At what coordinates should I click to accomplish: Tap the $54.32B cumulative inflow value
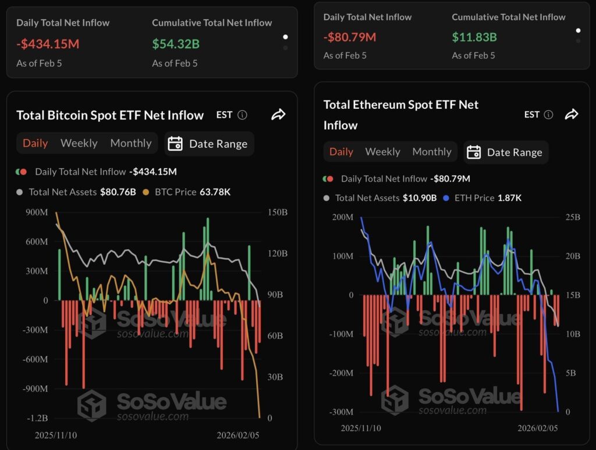(x=176, y=44)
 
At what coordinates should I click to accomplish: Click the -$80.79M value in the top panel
(x=350, y=37)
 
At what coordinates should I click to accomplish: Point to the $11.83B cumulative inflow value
(x=474, y=37)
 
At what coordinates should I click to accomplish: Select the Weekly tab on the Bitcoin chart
(x=79, y=143)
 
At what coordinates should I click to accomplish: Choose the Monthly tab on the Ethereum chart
(x=432, y=152)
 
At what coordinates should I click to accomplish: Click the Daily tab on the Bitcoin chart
(x=35, y=143)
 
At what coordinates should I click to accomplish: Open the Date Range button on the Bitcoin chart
(x=209, y=144)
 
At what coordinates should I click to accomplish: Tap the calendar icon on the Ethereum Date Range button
(x=474, y=153)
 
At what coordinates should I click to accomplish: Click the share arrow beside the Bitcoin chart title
(x=278, y=115)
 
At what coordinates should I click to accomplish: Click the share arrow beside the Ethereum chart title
(x=572, y=114)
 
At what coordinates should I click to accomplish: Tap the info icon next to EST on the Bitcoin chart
(x=242, y=115)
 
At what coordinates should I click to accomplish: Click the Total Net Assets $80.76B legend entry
(x=76, y=192)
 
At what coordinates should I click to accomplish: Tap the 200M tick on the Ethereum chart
(x=342, y=217)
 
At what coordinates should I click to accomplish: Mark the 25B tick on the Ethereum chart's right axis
(x=573, y=217)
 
